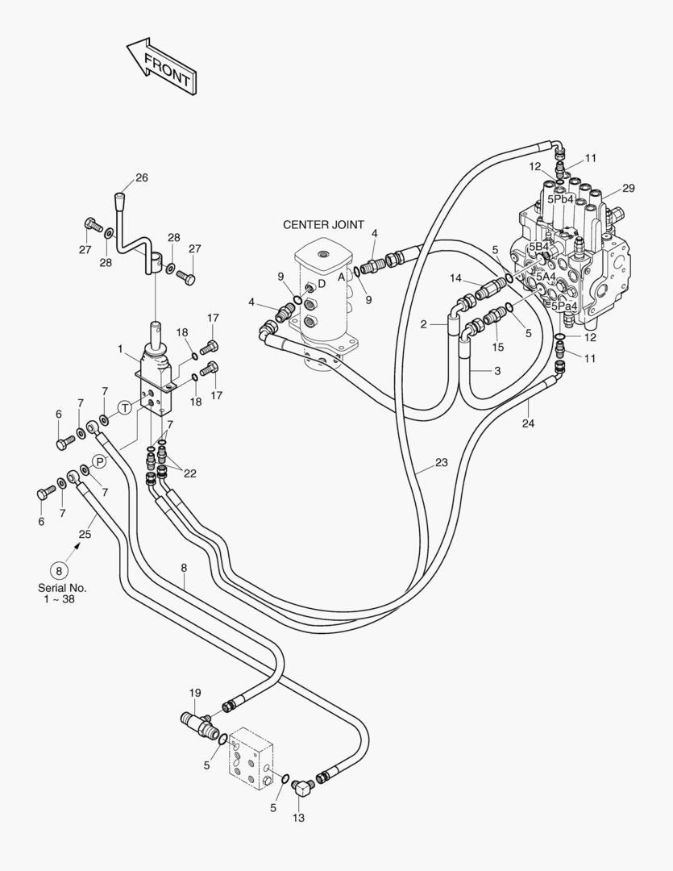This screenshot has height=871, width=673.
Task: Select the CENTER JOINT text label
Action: tap(323, 225)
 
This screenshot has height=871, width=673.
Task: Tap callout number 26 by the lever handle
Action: tap(142, 177)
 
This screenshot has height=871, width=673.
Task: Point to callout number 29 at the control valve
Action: tap(628, 188)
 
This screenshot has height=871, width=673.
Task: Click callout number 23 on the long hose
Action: tap(441, 463)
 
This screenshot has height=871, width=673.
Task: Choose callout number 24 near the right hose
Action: tap(528, 422)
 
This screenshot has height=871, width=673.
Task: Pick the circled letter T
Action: tap(125, 408)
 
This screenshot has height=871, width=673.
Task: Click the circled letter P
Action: tap(99, 461)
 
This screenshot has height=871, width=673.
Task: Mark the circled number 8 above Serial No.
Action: tap(58, 569)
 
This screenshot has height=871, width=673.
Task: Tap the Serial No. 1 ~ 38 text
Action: tap(62, 594)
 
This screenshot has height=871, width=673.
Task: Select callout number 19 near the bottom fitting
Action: tap(195, 693)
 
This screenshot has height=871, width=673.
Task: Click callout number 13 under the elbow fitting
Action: tap(299, 818)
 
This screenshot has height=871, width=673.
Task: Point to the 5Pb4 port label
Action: tap(560, 199)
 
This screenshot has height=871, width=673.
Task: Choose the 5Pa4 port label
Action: tap(563, 306)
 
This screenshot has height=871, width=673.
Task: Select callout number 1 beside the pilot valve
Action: tap(121, 349)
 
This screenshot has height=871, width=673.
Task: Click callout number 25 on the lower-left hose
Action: tap(85, 533)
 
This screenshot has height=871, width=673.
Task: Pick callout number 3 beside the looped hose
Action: tap(497, 370)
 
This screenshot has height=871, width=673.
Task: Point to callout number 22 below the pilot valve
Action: tap(189, 473)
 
